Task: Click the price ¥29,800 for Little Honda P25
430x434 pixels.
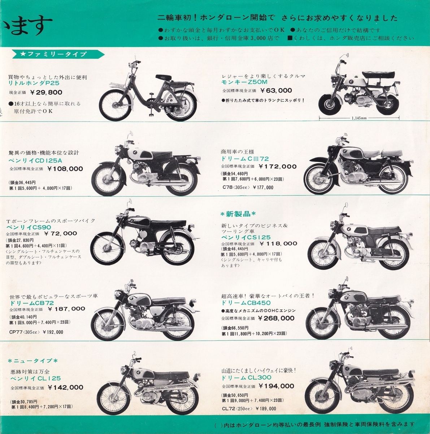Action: pos(46,92)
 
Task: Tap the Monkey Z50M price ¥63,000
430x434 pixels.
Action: pos(276,90)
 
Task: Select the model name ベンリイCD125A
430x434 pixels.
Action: pos(35,161)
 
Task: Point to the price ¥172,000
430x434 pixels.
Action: pos(278,166)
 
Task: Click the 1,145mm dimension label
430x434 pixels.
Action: pos(359,118)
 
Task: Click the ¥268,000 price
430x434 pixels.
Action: pos(276,318)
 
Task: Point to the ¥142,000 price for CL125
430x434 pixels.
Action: pos(66,387)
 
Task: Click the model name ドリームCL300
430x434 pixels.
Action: pos(246,378)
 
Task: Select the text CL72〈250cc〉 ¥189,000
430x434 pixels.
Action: pos(249,409)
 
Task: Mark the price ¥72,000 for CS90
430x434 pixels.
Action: pos(61,233)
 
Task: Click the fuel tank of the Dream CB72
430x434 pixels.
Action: pos(140,300)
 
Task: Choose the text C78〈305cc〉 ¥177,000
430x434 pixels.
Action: pos(248,187)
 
